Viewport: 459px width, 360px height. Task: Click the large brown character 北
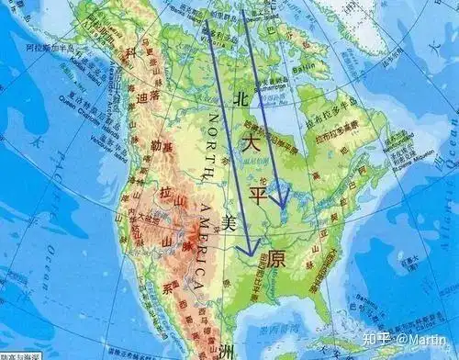(x=241, y=97)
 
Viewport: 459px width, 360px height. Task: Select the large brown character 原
(x=275, y=259)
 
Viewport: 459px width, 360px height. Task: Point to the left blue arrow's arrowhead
(x=245, y=250)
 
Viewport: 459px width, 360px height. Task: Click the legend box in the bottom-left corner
(x=18, y=354)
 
